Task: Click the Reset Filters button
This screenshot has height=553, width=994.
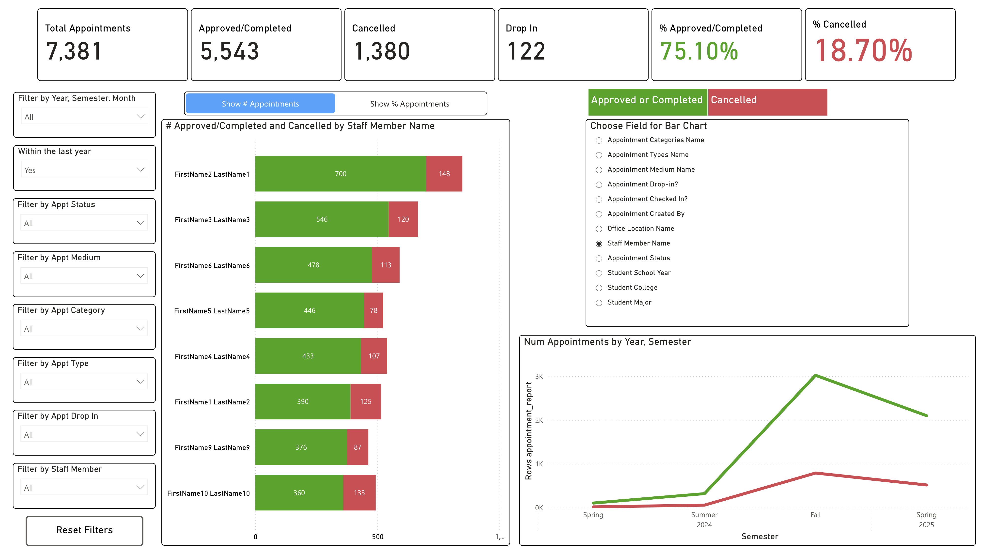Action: (84, 530)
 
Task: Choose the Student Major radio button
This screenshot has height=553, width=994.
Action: (599, 303)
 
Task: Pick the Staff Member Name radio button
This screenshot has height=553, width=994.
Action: (599, 244)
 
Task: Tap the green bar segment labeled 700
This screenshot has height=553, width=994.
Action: (340, 174)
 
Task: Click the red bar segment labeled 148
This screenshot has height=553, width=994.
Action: (444, 174)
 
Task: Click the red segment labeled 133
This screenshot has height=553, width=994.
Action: (359, 493)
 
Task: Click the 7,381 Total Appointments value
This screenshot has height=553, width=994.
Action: (74, 51)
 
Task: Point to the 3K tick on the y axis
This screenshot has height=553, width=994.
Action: (539, 376)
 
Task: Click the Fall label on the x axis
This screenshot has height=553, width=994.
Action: (815, 515)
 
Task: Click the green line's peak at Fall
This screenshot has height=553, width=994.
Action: (815, 375)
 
